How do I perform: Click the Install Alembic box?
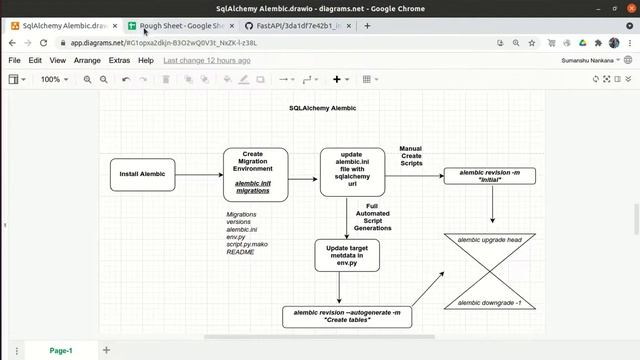coord(142,174)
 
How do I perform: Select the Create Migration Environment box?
coord(255,174)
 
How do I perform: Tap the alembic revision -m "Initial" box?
coord(489,176)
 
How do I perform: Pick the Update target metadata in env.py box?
coord(346,256)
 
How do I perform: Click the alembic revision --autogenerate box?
coord(347,316)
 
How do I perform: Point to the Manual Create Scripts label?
coord(411,155)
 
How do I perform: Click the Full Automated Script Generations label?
coord(372,217)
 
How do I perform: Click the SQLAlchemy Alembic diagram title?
coord(322,108)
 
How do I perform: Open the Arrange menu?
coord(87,60)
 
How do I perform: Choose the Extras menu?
coord(119,60)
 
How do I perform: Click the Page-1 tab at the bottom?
coord(61,350)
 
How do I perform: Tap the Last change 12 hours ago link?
coord(207,60)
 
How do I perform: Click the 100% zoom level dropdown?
coord(54,79)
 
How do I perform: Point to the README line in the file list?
coord(240,252)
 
